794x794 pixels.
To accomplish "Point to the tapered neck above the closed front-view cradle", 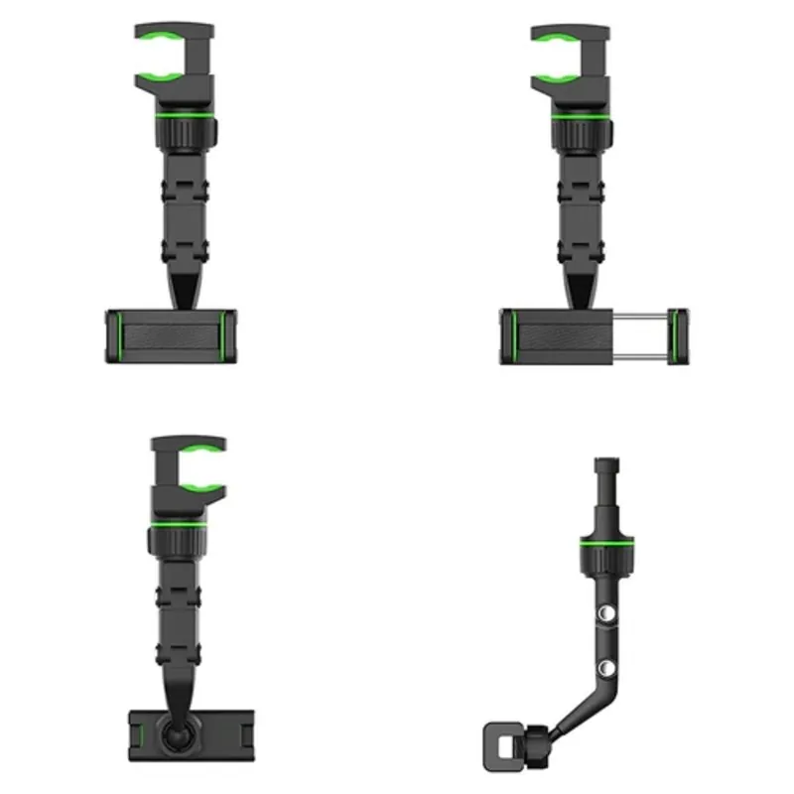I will [x=185, y=289].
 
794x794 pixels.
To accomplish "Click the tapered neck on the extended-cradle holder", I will [x=581, y=289].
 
